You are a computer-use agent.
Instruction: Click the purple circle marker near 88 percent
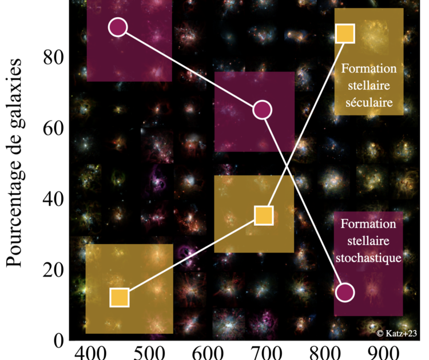117,27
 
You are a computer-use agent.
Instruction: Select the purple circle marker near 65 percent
262,110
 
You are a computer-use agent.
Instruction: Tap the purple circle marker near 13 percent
345,292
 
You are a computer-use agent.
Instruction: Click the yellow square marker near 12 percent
119,298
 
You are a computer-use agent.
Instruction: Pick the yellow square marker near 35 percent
263,215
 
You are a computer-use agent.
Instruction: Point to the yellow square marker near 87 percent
345,34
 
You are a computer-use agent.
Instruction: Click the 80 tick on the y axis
53,58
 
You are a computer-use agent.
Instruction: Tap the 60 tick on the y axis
53,128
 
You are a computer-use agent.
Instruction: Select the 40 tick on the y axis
53,199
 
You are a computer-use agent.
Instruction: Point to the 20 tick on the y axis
53,269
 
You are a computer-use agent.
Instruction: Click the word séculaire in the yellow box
369,104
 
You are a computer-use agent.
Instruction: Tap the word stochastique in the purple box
369,258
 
